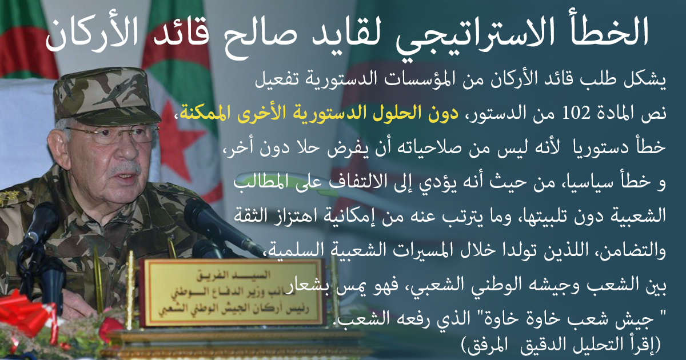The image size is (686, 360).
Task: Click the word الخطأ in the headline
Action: click(x=601, y=33)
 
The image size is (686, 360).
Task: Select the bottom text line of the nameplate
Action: click(x=233, y=309)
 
